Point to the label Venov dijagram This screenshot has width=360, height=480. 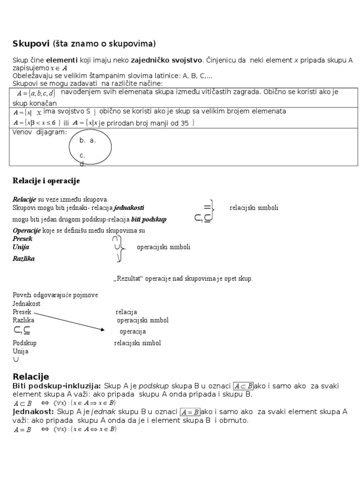pos(39,132)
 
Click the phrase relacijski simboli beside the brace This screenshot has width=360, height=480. pos(254,208)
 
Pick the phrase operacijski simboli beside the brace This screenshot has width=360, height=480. pos(164,247)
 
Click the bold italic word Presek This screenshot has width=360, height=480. pos(22,239)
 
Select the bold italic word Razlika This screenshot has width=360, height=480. pos(23,258)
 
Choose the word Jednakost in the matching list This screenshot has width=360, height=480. pos(26,303)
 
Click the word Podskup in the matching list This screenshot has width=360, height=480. pos(24,343)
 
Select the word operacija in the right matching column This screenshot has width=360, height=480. pos(133,332)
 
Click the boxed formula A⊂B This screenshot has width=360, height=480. pos(243,386)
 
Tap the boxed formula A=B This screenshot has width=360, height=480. pos(190,412)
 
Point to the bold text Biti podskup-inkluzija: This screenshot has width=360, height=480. pos(56,386)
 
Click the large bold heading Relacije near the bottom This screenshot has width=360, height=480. pos(30,376)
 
